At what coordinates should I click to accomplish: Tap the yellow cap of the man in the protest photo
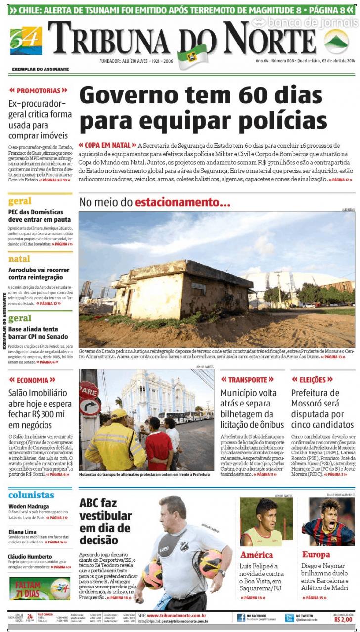pos(119,414)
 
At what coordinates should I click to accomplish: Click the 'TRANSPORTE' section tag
pos(247,380)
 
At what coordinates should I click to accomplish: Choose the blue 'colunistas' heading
pos(31,495)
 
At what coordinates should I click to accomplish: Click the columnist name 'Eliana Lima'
pos(22,532)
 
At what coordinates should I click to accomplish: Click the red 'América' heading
pos(257,555)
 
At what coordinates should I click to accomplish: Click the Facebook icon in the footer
pos(241,617)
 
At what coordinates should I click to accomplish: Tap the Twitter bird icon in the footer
pos(289,617)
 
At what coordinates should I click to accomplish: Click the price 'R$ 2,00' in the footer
pos(343,619)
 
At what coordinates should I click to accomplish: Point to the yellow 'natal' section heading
pos(19,259)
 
